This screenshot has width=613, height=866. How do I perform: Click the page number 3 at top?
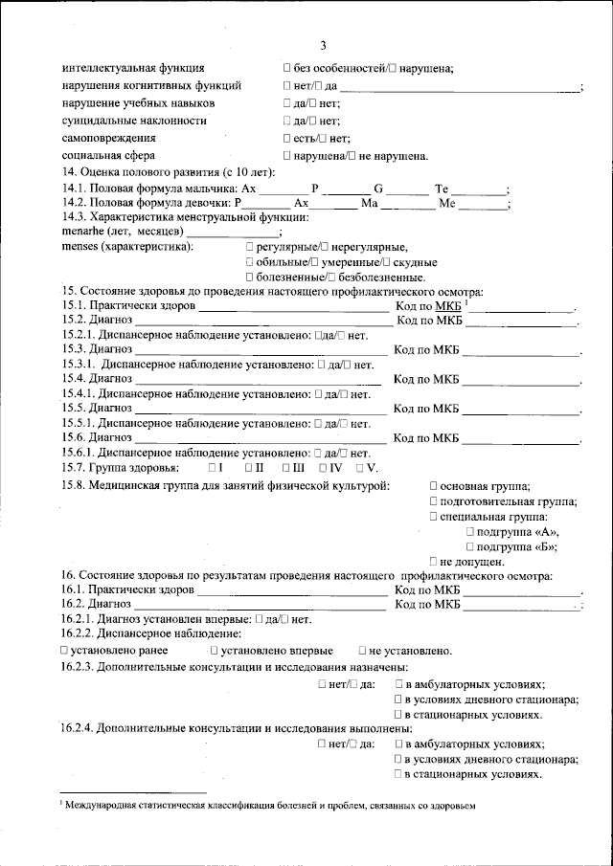(323, 45)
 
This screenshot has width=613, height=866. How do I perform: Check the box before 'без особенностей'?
(287, 68)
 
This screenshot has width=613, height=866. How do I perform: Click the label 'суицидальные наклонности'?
(134, 120)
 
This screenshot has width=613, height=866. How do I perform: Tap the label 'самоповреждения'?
(109, 138)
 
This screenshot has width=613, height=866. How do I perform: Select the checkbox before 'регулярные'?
(249, 247)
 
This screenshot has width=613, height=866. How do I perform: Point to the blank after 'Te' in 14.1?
(479, 190)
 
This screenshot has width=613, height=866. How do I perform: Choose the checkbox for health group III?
(287, 467)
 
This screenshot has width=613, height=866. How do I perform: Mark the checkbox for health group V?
(359, 467)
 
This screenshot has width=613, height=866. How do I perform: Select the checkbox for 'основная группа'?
(434, 488)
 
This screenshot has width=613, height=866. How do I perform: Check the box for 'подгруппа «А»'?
(469, 532)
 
